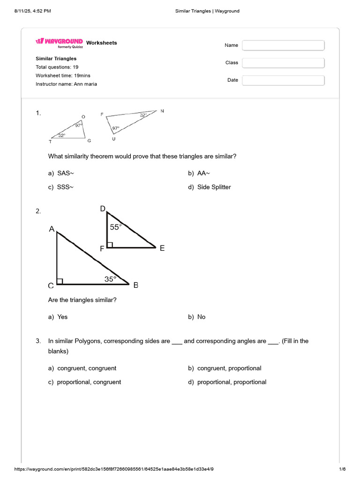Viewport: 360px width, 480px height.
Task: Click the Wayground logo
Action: coord(60,42)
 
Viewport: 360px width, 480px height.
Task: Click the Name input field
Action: coord(283,45)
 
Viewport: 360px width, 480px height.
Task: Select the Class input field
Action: coord(283,63)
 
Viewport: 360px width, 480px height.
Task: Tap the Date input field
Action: coord(283,80)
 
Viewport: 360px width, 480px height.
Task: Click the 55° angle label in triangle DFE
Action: coord(115,227)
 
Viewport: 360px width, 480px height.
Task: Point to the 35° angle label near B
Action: coord(110,279)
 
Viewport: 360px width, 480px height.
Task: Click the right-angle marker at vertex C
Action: coord(60,281)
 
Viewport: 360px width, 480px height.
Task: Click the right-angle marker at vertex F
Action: coord(110,245)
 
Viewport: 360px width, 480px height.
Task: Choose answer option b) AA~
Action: coord(199,173)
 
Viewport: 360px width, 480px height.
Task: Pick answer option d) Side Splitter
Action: coord(210,187)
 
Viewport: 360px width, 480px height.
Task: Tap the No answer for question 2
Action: coord(197,317)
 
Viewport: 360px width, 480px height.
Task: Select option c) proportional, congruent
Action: coord(84,382)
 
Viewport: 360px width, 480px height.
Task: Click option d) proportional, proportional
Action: coord(227,382)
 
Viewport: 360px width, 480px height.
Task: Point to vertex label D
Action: coord(103,209)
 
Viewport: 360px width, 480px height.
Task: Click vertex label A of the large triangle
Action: coord(52,229)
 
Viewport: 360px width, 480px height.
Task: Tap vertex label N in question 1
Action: coord(162,111)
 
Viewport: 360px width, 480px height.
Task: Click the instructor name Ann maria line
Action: coord(67,84)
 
